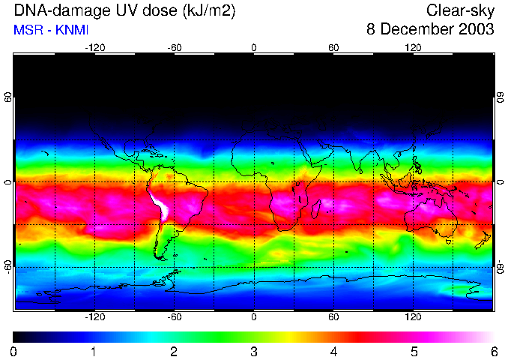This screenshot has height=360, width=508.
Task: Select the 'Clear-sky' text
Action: click(x=460, y=10)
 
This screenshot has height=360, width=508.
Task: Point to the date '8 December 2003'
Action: click(x=430, y=29)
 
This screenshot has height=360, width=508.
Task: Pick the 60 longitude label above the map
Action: click(x=333, y=47)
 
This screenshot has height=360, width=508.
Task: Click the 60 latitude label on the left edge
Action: click(x=8, y=98)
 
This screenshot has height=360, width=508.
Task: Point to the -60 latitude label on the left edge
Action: click(x=8, y=267)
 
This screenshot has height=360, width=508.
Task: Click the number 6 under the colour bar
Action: click(x=494, y=351)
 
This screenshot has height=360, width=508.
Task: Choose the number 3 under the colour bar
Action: click(x=254, y=351)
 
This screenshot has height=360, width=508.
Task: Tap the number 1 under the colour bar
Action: click(x=94, y=351)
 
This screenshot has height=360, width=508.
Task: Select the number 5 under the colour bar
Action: click(x=414, y=351)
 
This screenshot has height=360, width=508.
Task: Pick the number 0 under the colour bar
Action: click(x=14, y=351)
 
